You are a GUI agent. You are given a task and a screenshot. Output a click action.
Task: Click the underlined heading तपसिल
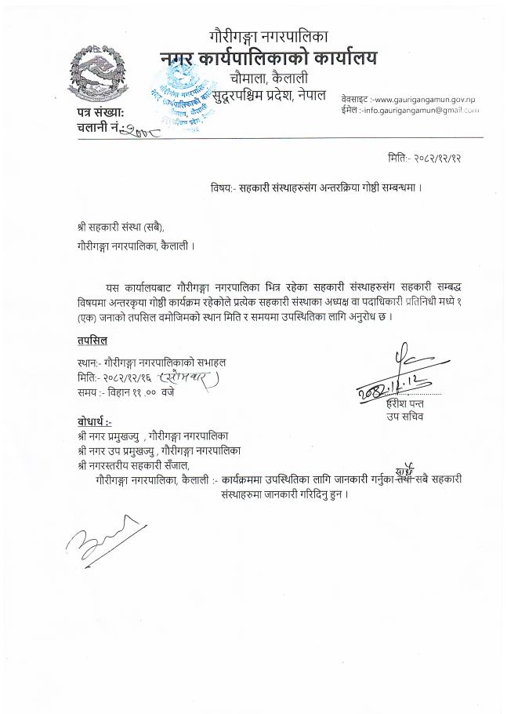click(x=92, y=340)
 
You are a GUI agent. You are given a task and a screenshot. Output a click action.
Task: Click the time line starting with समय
click(x=125, y=391)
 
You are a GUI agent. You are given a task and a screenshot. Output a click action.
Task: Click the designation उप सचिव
click(x=411, y=417)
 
